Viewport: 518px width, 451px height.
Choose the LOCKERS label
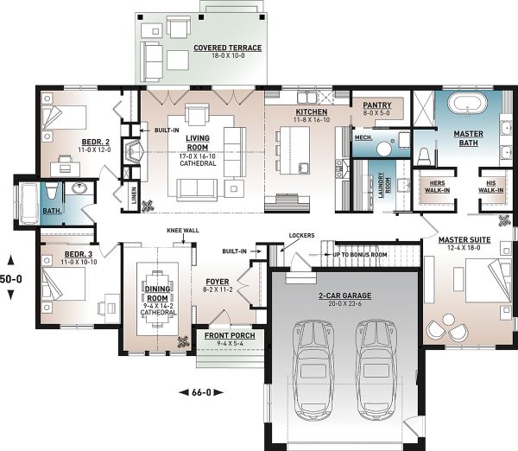click(301, 235)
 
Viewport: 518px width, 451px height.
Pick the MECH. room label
click(363, 137)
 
